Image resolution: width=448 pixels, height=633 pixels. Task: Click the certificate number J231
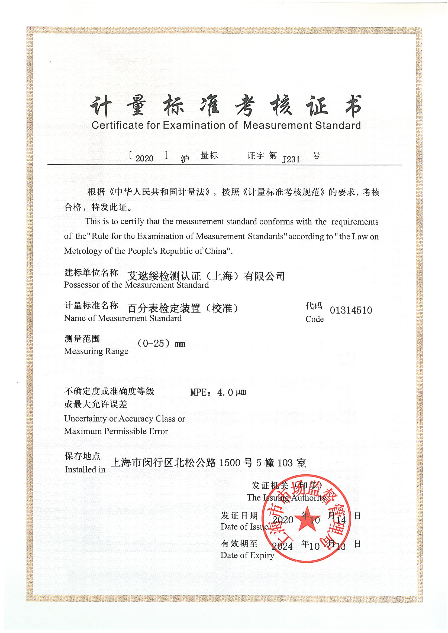pos(291,159)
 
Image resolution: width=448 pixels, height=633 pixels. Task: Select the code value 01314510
pos(351,310)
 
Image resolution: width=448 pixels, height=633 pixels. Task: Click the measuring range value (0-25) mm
pos(161,344)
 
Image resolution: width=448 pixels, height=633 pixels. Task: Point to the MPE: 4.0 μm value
pos(218,392)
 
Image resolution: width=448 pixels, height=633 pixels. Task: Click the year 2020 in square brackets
pos(144,158)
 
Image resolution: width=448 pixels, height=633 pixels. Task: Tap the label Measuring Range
pos(96,351)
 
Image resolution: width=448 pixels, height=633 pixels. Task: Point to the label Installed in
pos(85,469)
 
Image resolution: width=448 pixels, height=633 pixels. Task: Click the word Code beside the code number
pos(314,319)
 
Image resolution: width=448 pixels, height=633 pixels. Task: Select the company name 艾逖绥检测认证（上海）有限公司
pos(206,276)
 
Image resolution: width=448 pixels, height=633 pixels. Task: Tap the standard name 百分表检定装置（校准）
pos(183,308)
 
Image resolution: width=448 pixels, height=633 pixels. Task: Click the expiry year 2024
pos(282,546)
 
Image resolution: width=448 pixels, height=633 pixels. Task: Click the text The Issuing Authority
pos(286,498)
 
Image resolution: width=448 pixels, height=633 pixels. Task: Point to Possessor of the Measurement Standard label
pos(136,285)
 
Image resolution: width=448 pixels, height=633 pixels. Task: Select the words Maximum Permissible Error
pos(116,431)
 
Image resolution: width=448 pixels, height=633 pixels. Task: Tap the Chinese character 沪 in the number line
pos(185,159)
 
